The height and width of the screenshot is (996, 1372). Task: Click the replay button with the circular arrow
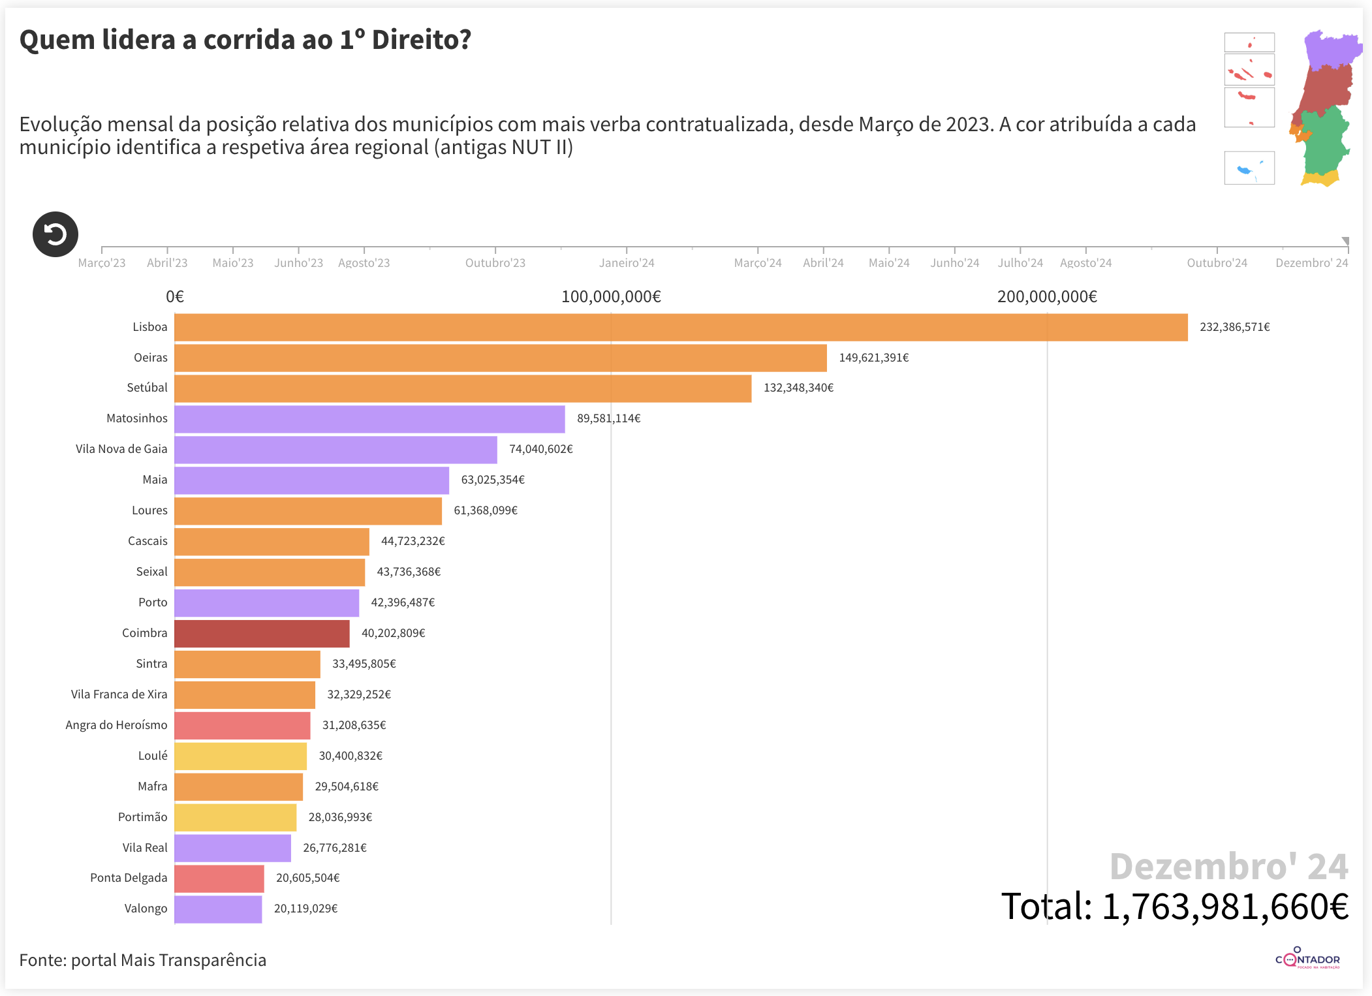click(55, 234)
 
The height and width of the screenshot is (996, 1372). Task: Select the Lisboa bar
click(681, 328)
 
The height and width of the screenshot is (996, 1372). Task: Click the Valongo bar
click(218, 909)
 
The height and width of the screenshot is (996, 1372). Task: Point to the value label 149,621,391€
click(873, 358)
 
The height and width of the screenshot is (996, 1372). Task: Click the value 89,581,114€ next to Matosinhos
click(608, 418)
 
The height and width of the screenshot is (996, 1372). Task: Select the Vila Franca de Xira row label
click(119, 694)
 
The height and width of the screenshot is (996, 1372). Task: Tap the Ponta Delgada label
click(129, 878)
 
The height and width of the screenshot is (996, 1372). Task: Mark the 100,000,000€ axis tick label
click(611, 297)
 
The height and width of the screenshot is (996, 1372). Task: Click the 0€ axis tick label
click(175, 297)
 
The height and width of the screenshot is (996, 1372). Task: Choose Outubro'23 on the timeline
click(495, 263)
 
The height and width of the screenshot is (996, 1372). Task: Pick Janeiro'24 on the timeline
click(627, 263)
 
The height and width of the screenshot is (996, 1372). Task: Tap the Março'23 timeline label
click(102, 263)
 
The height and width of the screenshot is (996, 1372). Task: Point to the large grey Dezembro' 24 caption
click(1228, 867)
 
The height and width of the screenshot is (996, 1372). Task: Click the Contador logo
click(1307, 959)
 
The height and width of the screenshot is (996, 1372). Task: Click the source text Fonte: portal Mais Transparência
click(143, 960)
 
